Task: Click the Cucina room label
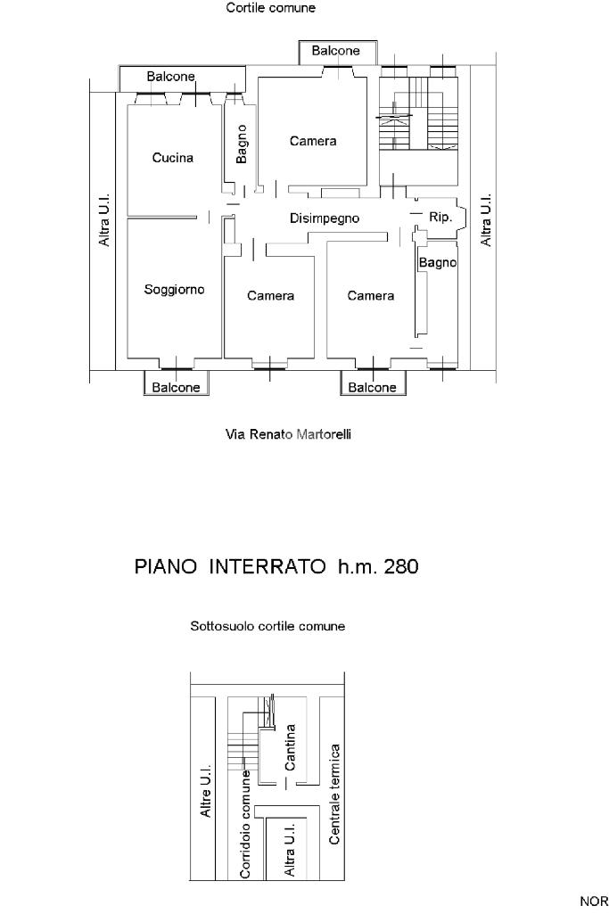172,157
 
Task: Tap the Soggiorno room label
174,290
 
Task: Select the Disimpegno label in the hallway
325,218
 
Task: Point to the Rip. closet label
440,217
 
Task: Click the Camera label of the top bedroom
313,141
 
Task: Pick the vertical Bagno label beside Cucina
242,144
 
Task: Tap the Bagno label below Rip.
438,263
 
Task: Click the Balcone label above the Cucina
171,77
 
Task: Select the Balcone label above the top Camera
335,51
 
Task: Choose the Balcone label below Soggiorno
176,388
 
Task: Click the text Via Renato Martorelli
289,434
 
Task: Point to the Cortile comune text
271,8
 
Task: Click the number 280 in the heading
401,566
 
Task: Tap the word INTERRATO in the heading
267,566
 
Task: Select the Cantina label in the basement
290,747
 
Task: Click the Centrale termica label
334,794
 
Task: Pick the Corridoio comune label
245,824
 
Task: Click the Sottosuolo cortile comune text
267,627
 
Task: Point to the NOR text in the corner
594,902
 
